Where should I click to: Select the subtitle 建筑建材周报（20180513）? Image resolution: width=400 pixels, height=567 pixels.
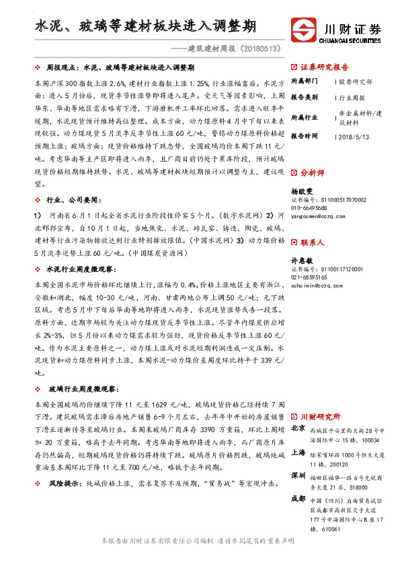point(234,49)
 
